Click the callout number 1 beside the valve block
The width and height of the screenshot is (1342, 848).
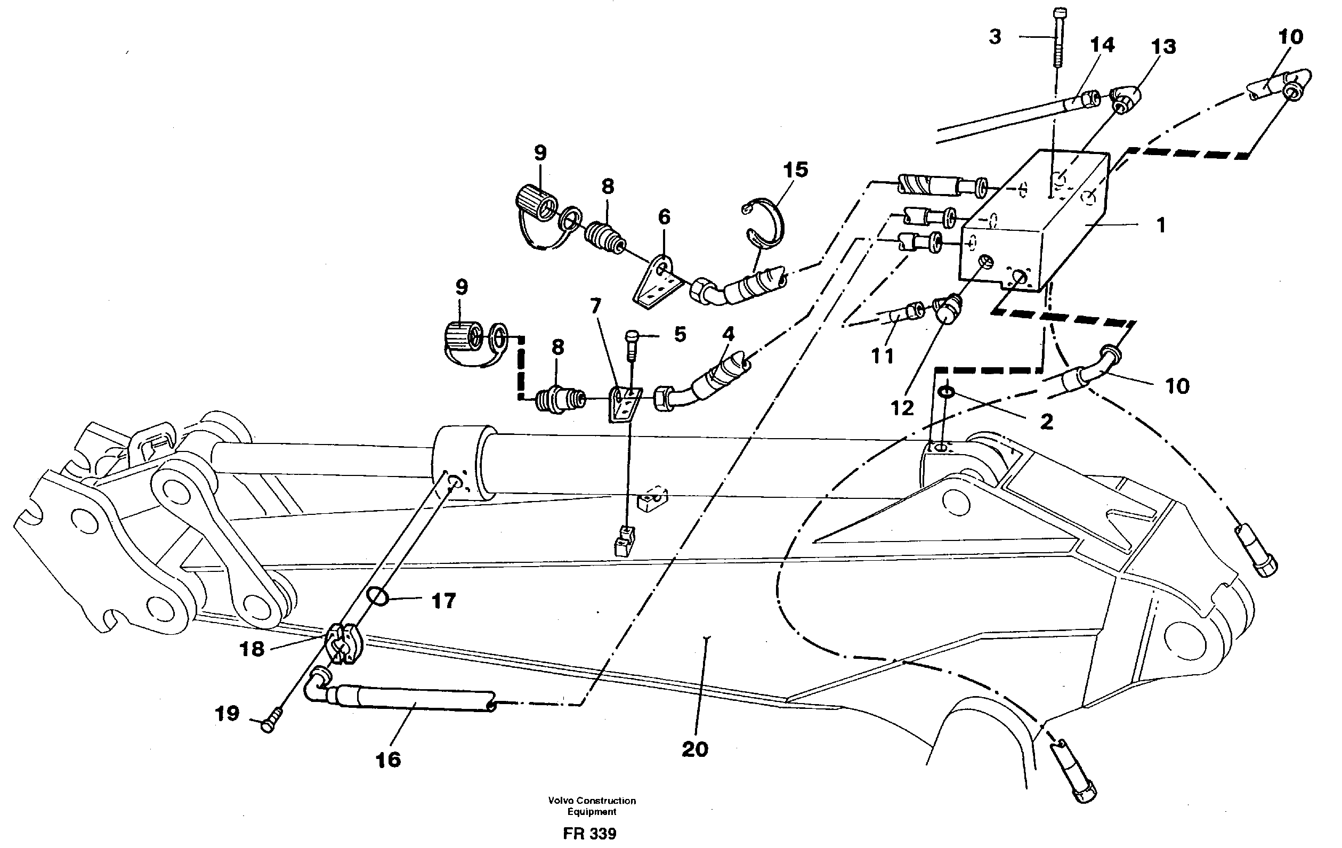coord(1160,226)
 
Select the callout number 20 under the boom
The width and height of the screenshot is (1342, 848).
coord(695,749)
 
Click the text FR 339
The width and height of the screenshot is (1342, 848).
coord(589,834)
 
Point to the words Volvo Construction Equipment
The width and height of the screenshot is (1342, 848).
coord(592,806)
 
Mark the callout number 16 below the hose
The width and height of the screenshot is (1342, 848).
coord(389,760)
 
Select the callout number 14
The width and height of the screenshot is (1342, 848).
coord(1102,45)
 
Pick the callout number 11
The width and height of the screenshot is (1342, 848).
coord(882,355)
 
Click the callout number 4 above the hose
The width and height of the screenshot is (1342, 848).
coord(728,334)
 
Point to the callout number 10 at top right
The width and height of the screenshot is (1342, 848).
coord(1290,37)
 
